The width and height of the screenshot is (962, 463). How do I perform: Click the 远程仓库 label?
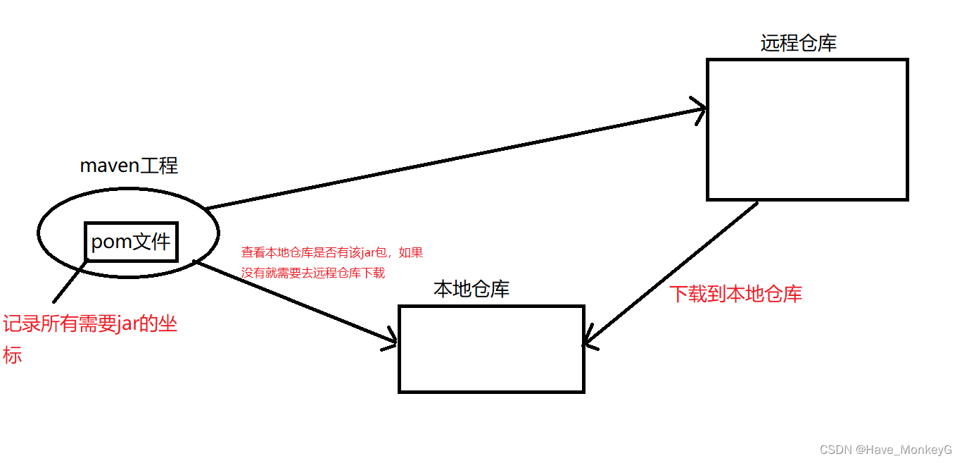[798, 44]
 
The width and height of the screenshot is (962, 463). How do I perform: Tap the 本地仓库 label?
[471, 290]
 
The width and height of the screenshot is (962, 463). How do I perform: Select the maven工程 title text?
[129, 166]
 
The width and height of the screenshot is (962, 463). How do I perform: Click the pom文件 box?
[131, 242]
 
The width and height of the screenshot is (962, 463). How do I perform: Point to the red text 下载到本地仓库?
[735, 294]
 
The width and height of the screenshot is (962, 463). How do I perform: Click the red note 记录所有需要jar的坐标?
[89, 326]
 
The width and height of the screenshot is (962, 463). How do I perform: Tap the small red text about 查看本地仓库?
[331, 262]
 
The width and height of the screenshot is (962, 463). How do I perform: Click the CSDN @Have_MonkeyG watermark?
[885, 450]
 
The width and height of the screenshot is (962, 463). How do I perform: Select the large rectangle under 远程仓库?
[807, 130]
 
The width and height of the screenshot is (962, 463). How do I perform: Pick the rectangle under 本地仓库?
[491, 349]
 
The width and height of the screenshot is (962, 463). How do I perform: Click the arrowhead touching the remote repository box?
[700, 109]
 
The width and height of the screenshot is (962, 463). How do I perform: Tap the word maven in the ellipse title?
[110, 166]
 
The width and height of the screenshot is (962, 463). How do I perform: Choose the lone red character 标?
[12, 354]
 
